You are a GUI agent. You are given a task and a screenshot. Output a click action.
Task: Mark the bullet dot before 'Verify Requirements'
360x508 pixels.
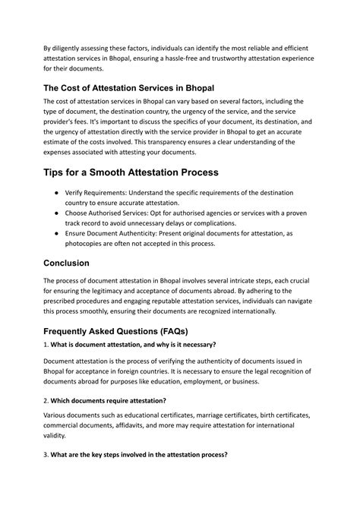[57, 193]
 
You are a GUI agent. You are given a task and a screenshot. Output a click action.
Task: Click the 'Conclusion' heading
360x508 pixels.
[77, 263]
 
